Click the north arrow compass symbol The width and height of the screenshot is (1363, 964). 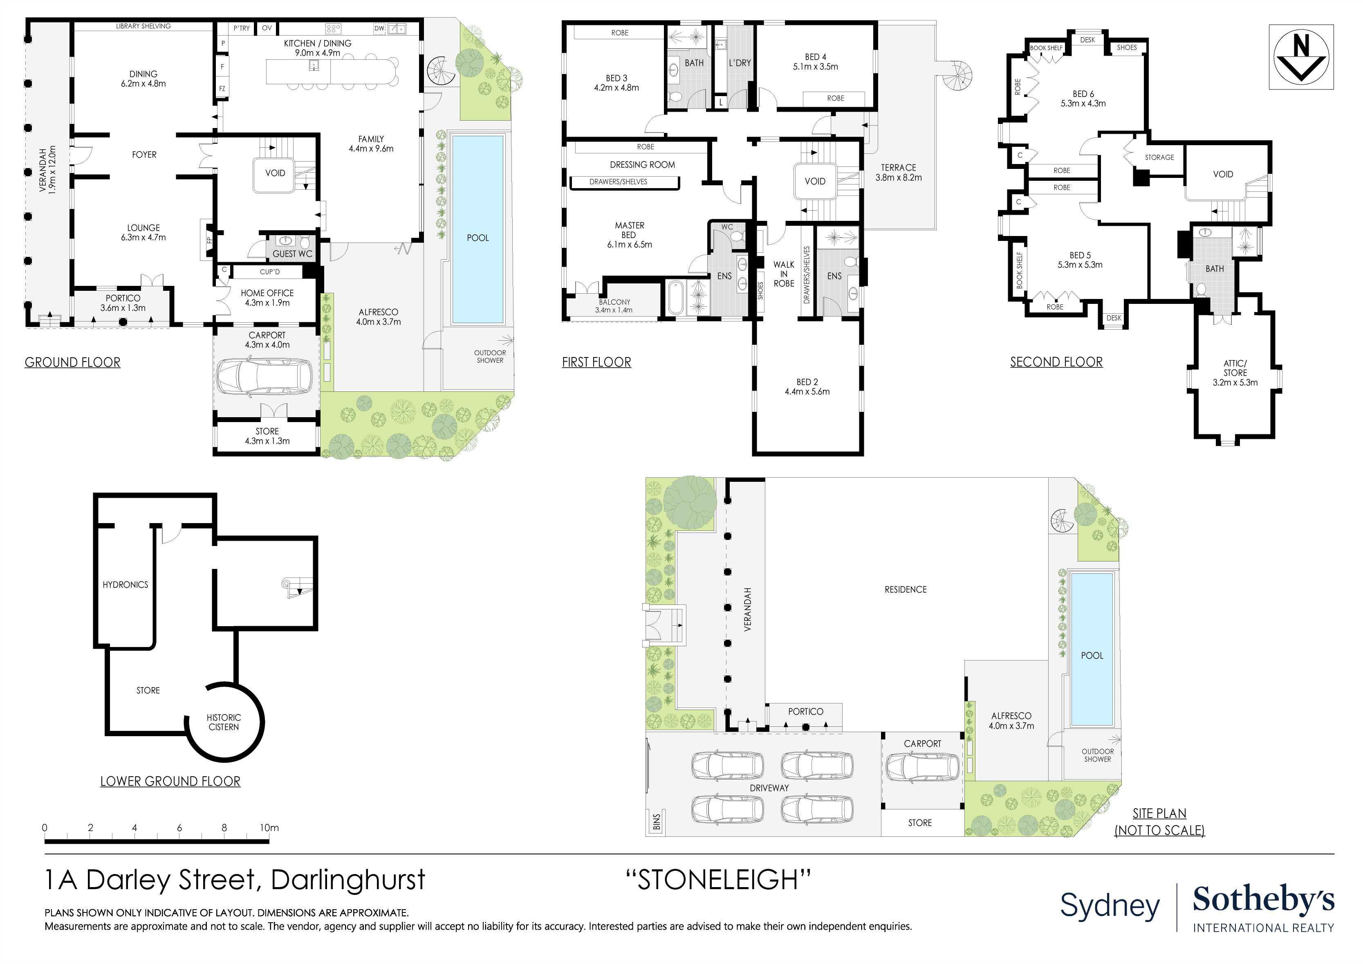1301,57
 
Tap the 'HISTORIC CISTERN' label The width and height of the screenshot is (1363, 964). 224,722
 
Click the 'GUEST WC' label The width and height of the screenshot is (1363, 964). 292,254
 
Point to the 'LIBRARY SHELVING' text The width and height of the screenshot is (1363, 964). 143,26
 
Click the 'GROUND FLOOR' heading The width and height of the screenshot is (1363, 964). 72,362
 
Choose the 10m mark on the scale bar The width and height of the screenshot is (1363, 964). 269,828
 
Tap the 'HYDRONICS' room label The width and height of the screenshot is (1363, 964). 125,585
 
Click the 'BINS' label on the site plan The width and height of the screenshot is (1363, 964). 657,822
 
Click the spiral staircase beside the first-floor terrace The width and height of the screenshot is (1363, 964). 957,75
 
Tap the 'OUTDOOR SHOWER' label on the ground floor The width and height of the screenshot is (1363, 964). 490,356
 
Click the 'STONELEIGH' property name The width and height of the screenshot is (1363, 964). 718,880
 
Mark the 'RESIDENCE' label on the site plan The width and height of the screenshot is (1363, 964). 905,590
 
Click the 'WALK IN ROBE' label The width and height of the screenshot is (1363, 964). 784,274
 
